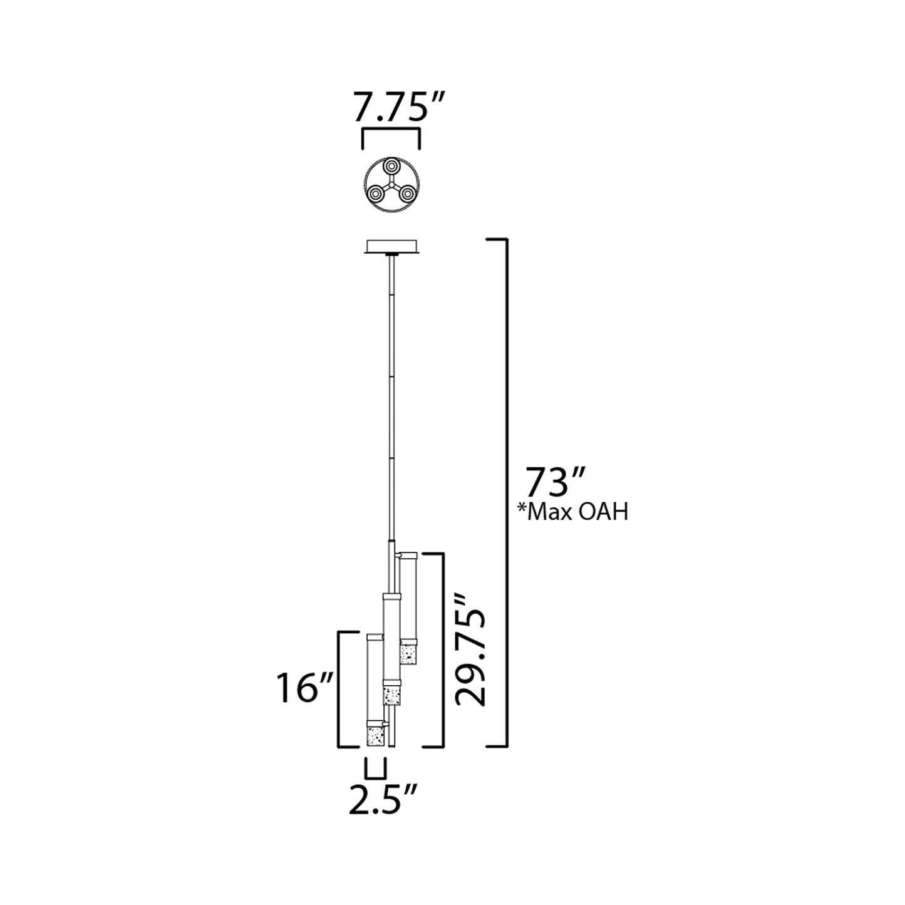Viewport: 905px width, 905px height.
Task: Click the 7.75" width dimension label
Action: pyautogui.click(x=391, y=108)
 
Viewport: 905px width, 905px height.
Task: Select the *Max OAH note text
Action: pyautogui.click(x=572, y=512)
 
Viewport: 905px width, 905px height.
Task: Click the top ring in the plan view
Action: pyautogui.click(x=391, y=167)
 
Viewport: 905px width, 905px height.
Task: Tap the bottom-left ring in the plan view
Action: pyautogui.click(x=376, y=194)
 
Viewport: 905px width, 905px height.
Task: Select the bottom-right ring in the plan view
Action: pyautogui.click(x=407, y=194)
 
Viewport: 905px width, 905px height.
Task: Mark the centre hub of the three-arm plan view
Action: pyautogui.click(x=391, y=185)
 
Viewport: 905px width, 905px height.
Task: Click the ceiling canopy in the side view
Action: pyautogui.click(x=391, y=247)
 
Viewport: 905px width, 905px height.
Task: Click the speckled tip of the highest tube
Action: pyautogui.click(x=409, y=654)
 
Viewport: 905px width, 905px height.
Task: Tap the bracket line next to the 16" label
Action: pyautogui.click(x=339, y=689)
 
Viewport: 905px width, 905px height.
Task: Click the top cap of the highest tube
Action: pyautogui.click(x=408, y=555)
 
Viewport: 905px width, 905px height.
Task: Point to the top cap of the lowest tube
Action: pyautogui.click(x=375, y=637)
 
